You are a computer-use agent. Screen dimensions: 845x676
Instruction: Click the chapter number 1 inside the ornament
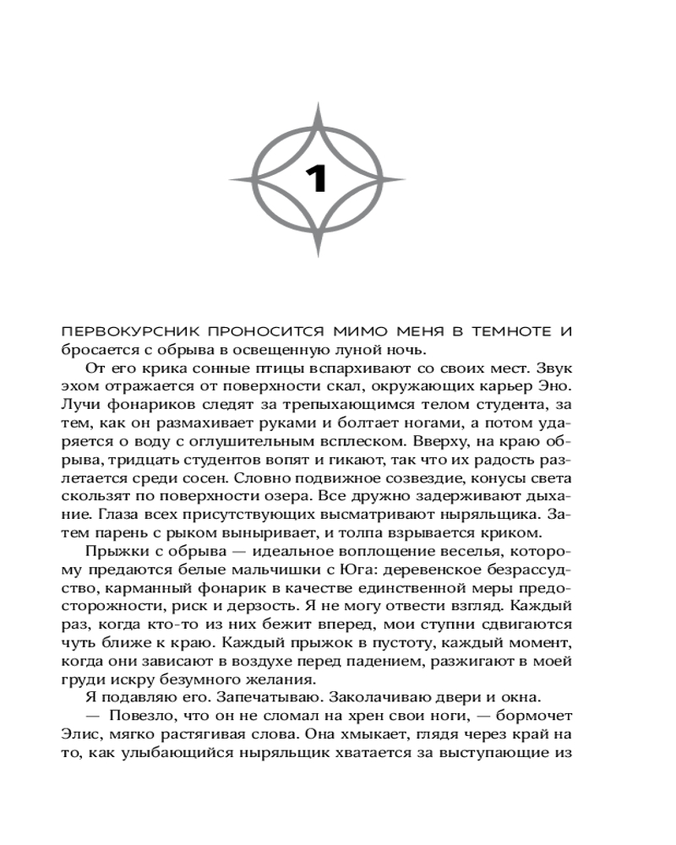tap(316, 179)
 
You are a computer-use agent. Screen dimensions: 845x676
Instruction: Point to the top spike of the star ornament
tap(316, 108)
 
